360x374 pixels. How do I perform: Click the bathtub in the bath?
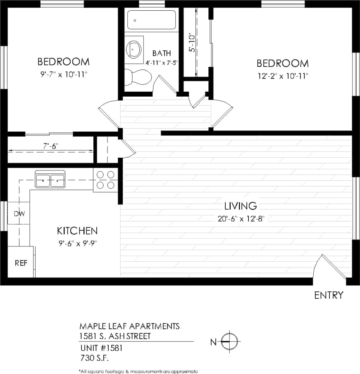(151, 19)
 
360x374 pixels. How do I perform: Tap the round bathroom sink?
(134, 48)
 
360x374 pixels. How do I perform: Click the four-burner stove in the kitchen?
(105, 180)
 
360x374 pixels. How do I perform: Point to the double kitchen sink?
(50, 180)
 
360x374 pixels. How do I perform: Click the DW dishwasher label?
(19, 213)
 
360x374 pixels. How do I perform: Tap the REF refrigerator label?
(21, 263)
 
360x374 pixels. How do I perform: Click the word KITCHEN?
(77, 230)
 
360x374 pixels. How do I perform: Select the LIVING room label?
(241, 206)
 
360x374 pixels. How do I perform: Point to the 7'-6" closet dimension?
(50, 145)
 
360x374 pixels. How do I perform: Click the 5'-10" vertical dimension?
(191, 43)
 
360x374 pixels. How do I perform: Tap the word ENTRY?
(329, 295)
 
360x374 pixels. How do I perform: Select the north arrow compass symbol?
(229, 341)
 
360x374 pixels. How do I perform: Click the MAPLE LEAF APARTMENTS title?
(129, 326)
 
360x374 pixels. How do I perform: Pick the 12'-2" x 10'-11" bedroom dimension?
(282, 76)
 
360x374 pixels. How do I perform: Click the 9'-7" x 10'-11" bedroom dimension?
(63, 74)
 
